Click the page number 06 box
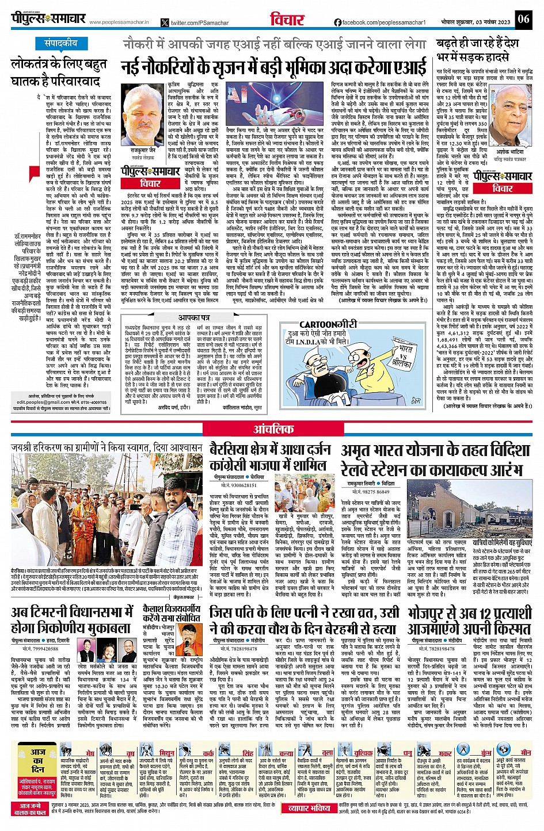click(x=523, y=19)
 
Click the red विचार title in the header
click(x=287, y=20)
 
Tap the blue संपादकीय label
click(x=60, y=44)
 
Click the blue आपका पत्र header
click(x=193, y=317)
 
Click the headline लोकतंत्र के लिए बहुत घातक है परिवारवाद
click(x=59, y=72)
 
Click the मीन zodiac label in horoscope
click(x=525, y=753)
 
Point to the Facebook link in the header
click(x=380, y=22)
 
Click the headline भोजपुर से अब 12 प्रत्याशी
click(x=469, y=619)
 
